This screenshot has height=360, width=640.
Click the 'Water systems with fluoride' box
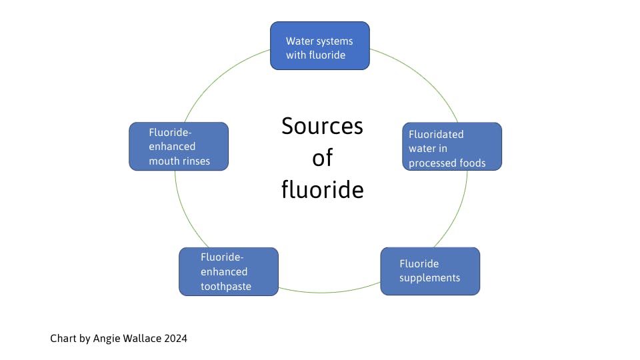(x=320, y=45)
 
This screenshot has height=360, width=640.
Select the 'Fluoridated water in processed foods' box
(x=452, y=146)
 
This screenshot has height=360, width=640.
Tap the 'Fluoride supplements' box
(x=430, y=271)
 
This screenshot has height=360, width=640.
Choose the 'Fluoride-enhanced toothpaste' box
(x=229, y=271)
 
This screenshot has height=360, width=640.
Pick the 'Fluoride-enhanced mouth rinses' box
(x=179, y=146)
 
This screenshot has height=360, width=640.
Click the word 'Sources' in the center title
(x=322, y=126)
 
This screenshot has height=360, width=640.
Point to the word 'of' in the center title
(x=322, y=158)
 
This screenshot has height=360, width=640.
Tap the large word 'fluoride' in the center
(x=322, y=190)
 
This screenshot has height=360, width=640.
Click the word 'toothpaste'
(x=226, y=287)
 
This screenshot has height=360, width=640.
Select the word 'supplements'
(x=429, y=277)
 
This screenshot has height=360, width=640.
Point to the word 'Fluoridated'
(x=436, y=134)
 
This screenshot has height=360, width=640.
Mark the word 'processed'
(x=433, y=163)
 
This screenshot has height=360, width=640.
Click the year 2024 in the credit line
(x=175, y=339)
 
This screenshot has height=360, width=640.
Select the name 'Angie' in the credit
(x=105, y=339)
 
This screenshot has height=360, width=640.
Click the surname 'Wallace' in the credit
(x=141, y=339)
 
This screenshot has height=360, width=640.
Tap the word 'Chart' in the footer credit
(x=63, y=339)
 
